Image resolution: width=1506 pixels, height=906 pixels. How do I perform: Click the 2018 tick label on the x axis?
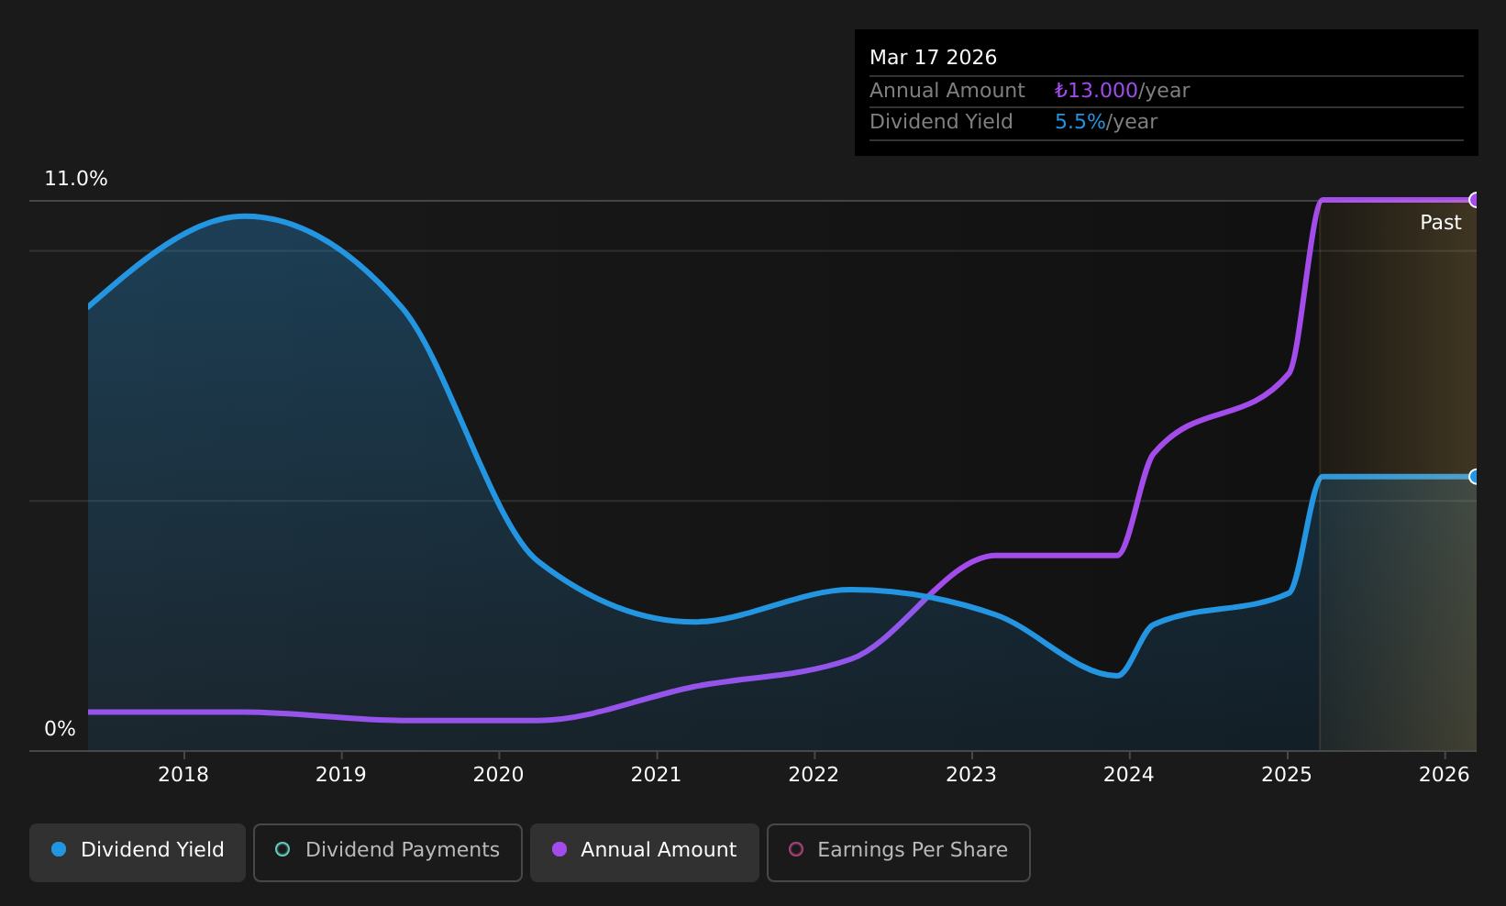pyautogui.click(x=183, y=775)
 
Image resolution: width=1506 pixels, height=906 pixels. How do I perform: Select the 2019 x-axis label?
pyautogui.click(x=341, y=775)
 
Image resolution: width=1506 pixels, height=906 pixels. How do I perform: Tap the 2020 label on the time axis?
pyautogui.click(x=498, y=775)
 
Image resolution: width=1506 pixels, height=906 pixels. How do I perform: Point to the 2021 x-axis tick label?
pyautogui.click(x=656, y=775)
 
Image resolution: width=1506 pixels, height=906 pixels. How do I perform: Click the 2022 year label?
pyautogui.click(x=814, y=775)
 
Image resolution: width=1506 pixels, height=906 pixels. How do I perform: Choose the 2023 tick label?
pyautogui.click(x=971, y=775)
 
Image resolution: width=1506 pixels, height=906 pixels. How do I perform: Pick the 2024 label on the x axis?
pyautogui.click(x=1129, y=775)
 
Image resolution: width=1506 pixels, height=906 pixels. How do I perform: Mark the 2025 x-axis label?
pyautogui.click(x=1287, y=775)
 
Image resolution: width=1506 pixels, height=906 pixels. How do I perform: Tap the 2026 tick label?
pyautogui.click(x=1445, y=775)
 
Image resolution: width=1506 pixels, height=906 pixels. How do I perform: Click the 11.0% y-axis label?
pyautogui.click(x=76, y=179)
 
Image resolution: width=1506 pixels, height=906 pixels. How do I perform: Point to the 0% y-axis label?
pyautogui.click(x=60, y=729)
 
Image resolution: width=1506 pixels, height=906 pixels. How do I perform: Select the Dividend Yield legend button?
pyautogui.click(x=138, y=852)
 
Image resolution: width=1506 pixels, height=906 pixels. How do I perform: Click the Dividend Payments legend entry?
pyautogui.click(x=388, y=852)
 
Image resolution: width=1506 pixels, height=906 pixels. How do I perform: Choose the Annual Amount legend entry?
pyautogui.click(x=645, y=852)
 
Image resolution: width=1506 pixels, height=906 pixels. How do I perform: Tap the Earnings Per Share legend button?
pyautogui.click(x=899, y=852)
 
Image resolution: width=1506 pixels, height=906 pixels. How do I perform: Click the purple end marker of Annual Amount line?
pyautogui.click(x=1475, y=200)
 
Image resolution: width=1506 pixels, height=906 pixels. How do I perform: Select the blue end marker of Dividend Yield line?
pyautogui.click(x=1475, y=477)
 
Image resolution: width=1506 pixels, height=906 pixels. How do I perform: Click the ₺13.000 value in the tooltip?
pyautogui.click(x=1096, y=91)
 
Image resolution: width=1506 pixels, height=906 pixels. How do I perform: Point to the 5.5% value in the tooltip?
pyautogui.click(x=1080, y=122)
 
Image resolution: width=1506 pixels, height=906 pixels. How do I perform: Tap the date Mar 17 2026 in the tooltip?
pyautogui.click(x=933, y=58)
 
